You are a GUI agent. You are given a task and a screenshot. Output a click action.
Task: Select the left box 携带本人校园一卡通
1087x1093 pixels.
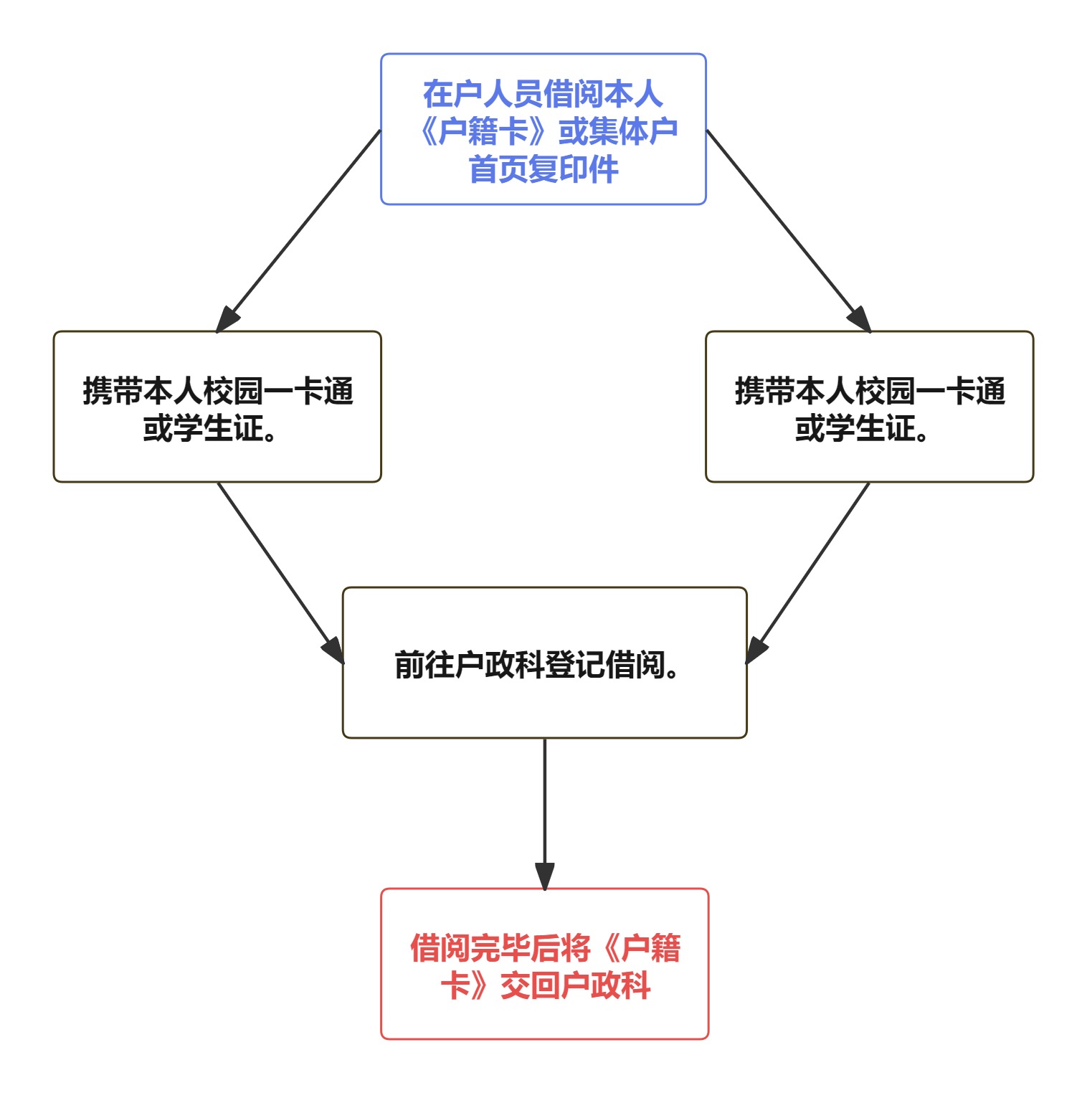pyautogui.click(x=217, y=407)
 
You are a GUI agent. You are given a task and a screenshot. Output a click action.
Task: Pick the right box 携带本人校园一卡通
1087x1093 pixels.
pyautogui.click(x=869, y=407)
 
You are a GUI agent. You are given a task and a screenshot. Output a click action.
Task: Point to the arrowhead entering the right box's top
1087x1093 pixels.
pyautogui.click(x=859, y=318)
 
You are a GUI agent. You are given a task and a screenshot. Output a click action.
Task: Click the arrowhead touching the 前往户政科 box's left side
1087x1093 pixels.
pyautogui.click(x=333, y=650)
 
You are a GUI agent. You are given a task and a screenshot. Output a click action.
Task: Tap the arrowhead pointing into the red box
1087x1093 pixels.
pyautogui.click(x=544, y=875)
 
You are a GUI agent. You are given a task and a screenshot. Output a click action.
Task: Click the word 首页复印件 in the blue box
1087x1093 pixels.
pyautogui.click(x=543, y=170)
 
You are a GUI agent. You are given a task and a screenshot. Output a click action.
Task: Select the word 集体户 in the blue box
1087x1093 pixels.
pyautogui.click(x=633, y=132)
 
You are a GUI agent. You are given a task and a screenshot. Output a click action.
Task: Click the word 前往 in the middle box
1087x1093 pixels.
pyautogui.click(x=424, y=665)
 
